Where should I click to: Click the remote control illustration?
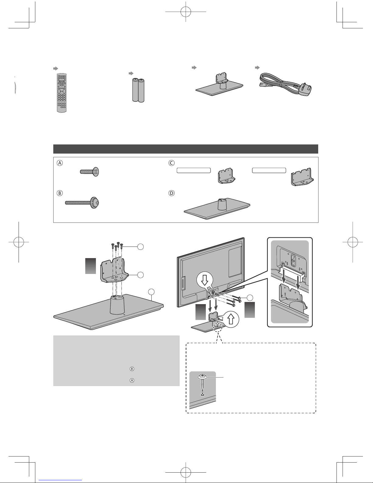[62, 93]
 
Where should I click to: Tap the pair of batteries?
[138, 90]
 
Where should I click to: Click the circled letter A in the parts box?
[60, 163]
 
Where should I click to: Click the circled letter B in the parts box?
[60, 193]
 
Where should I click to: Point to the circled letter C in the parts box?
[171, 163]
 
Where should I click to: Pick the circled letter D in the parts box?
[171, 193]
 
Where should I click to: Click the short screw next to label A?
[90, 172]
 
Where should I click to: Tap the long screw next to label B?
[82, 202]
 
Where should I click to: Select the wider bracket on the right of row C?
[302, 177]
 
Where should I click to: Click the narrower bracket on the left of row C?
[226, 176]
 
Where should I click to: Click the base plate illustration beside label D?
[217, 208]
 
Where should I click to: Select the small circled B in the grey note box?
[132, 369]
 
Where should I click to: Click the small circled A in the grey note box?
[132, 380]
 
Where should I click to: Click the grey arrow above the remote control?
[55, 69]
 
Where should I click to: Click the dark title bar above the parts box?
[186, 149]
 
